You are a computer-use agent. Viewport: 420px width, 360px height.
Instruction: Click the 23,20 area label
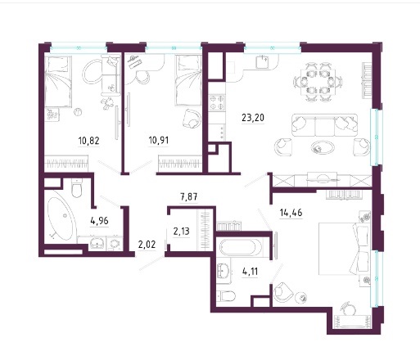point(253,118)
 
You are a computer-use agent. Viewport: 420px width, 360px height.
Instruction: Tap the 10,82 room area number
point(88,141)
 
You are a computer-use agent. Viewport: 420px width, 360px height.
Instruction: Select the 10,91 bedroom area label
point(159,141)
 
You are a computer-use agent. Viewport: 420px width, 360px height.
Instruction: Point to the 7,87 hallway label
point(189,196)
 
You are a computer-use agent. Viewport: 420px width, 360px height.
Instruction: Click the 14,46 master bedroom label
point(291,213)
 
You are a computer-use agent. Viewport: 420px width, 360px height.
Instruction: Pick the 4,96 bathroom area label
point(99,221)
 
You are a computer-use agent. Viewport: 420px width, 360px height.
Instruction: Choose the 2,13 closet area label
point(181,232)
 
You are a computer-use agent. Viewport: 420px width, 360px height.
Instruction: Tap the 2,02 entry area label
point(147,245)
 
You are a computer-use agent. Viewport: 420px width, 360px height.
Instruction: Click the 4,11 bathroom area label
point(250,272)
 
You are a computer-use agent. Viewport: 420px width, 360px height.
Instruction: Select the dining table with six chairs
point(318,82)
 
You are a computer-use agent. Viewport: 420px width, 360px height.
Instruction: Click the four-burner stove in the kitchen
point(217,102)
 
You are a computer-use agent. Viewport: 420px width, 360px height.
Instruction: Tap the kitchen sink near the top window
point(263,62)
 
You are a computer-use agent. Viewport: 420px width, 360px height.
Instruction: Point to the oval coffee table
point(323,148)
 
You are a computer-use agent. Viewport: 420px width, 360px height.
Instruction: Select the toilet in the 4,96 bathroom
point(77,188)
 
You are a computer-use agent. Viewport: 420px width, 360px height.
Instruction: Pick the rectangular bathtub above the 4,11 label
point(237,248)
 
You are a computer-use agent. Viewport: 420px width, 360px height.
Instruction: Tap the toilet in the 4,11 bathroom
point(226,296)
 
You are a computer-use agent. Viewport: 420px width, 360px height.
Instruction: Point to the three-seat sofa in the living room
point(324,125)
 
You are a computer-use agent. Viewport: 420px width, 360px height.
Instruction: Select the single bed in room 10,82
point(58,81)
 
